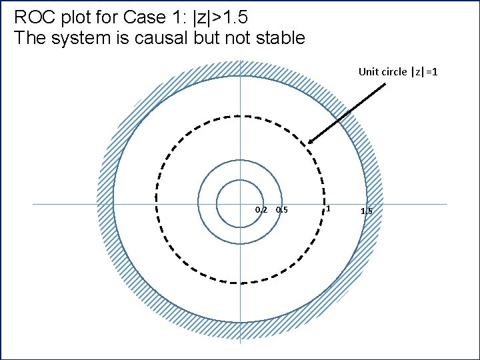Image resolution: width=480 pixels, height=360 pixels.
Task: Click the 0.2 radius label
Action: pos(261,211)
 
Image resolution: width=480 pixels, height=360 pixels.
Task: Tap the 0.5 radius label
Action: pos(281,211)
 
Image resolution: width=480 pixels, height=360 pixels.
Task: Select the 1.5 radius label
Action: pos(367,211)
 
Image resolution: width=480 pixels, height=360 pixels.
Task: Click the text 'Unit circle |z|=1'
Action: pos(398,71)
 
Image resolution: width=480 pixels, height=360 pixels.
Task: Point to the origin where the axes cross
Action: pos(239,204)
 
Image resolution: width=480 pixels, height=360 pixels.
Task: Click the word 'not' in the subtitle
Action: pos(231,37)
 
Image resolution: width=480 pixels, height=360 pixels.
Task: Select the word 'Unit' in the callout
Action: pos(369,71)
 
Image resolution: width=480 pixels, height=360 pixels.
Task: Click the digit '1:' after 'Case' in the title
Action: pos(169,16)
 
